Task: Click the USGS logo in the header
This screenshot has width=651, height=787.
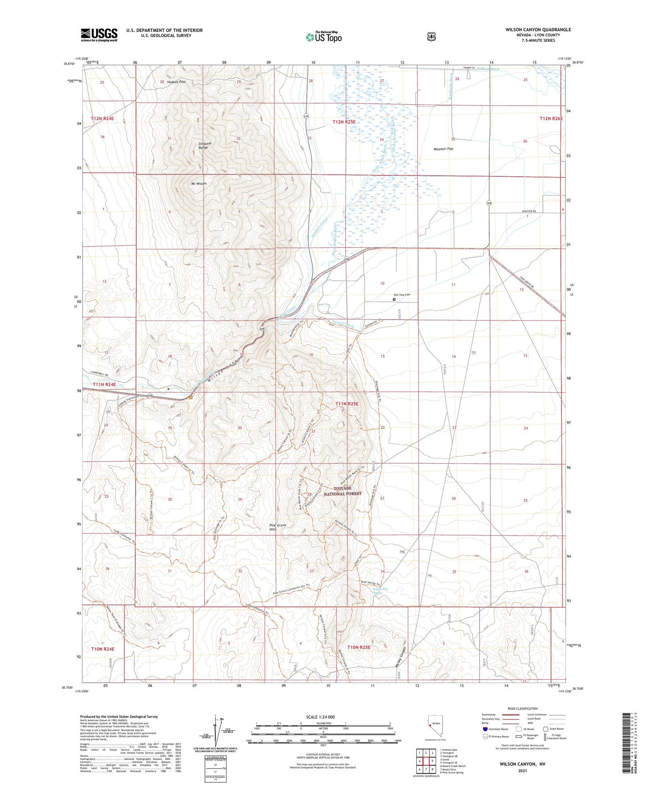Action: point(99,35)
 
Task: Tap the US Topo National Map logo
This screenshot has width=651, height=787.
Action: point(324,37)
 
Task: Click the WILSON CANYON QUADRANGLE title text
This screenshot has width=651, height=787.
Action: point(538,30)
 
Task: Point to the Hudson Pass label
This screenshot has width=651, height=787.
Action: point(176,82)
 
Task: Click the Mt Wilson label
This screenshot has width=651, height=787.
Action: point(199,183)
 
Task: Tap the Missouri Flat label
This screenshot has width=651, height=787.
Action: point(443,149)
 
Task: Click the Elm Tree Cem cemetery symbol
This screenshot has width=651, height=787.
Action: point(394,299)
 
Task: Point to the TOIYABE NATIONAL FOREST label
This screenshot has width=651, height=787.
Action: point(347,491)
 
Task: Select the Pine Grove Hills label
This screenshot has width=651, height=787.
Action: point(278,527)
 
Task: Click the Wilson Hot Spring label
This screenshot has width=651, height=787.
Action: point(377,591)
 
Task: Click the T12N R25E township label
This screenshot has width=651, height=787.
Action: point(344,122)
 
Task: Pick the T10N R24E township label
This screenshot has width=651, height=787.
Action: point(103,649)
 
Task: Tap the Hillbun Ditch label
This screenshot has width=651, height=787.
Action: point(488,69)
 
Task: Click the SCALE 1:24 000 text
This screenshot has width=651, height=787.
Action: point(320,717)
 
